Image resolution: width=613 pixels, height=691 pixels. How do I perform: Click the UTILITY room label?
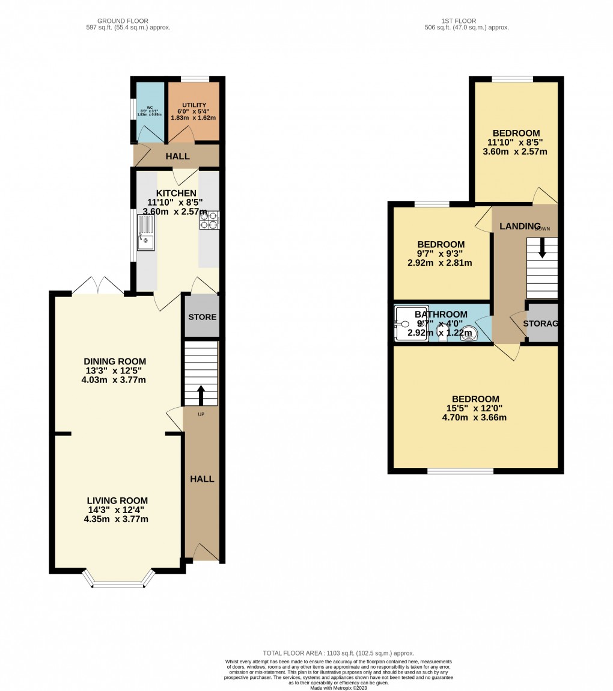(194, 105)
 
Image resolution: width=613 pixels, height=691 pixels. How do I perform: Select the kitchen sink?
(146, 233)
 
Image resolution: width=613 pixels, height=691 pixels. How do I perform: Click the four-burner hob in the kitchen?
(209, 220)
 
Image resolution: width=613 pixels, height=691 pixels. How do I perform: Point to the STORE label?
(203, 317)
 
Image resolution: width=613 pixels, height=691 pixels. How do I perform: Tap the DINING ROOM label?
(115, 361)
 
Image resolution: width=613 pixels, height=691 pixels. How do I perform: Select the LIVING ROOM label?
(117, 500)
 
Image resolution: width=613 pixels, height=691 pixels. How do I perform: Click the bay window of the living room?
(118, 582)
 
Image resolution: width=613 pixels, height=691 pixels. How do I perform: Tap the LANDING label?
(520, 226)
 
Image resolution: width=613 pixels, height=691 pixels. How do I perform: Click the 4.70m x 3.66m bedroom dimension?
(474, 417)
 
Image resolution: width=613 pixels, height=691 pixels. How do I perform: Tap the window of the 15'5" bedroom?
(460, 471)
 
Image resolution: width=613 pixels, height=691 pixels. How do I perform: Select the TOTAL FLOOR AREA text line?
(338, 653)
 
